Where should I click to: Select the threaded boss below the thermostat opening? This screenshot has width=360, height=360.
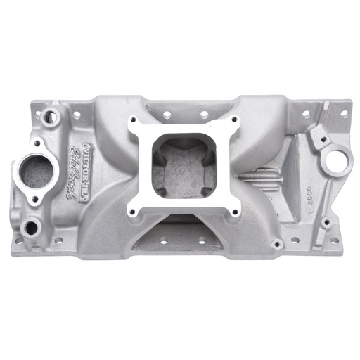(x=30, y=226)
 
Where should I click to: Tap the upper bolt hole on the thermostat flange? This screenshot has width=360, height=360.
(x=53, y=146)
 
